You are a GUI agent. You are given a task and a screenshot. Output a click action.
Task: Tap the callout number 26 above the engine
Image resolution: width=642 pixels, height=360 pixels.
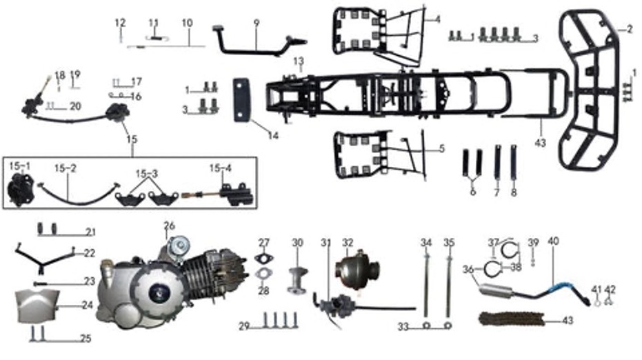pyautogui.click(x=170, y=226)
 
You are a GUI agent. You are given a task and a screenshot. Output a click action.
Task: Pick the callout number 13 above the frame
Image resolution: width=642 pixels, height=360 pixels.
pyautogui.click(x=298, y=62)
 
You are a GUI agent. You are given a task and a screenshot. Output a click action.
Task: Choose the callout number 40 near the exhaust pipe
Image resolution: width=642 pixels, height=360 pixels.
pyautogui.click(x=553, y=241)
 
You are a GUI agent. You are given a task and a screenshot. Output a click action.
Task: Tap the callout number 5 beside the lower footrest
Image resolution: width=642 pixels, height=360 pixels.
pyautogui.click(x=441, y=148)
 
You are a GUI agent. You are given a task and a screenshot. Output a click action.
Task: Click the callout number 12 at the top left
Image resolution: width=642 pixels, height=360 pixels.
pyautogui.click(x=121, y=23)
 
